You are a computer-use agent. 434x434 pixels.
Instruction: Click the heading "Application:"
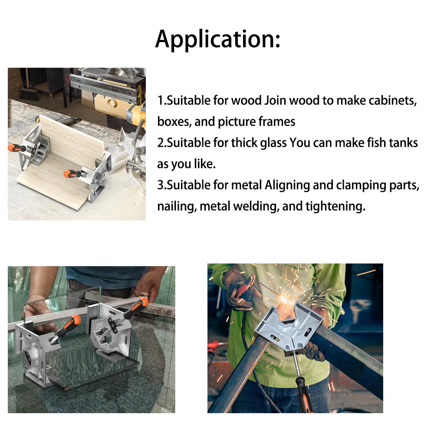(x=217, y=39)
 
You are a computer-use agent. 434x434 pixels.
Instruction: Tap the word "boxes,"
(x=174, y=122)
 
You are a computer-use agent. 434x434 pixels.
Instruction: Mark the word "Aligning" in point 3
(x=287, y=185)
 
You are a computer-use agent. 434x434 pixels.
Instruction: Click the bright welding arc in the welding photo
(x=285, y=299)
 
